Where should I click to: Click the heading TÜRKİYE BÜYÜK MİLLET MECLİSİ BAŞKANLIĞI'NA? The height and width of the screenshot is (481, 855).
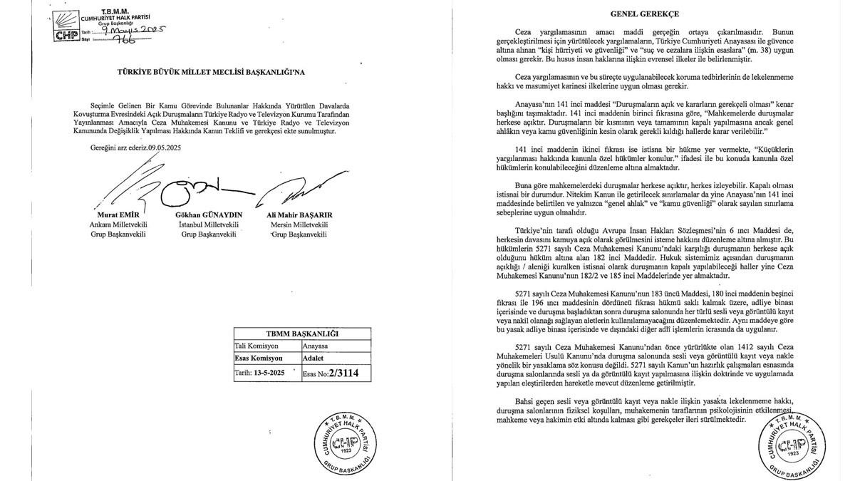point(199,72)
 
